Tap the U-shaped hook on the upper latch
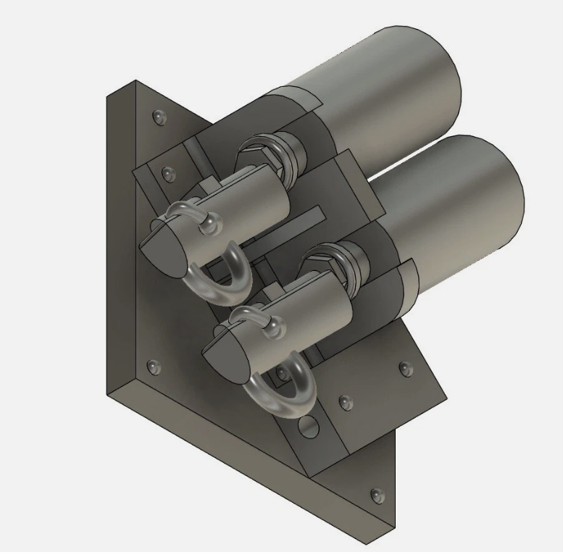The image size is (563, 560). tap(218, 278)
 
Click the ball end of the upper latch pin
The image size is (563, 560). tap(210, 227)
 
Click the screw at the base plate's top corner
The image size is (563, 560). tap(160, 117)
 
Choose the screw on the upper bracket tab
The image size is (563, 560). tap(169, 173)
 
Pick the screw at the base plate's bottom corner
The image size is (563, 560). tap(376, 495)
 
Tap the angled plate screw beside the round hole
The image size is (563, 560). tap(343, 401)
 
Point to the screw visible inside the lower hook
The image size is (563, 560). tap(280, 375)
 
